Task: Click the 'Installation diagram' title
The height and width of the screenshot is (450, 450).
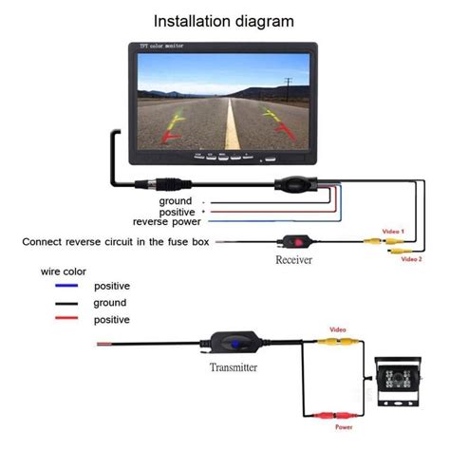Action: coord(223,20)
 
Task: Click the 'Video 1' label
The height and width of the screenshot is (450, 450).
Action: coord(393,232)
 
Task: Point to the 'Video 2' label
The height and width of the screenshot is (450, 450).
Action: coord(411,258)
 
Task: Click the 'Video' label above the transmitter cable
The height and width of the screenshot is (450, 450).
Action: coord(338,329)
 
